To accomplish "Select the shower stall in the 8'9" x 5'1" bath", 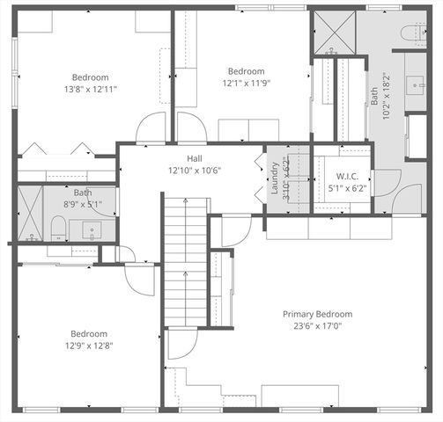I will coord(30,214).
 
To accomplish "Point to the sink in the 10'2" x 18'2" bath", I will coord(414,84).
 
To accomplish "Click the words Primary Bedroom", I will coord(317,314).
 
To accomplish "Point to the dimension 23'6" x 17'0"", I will coord(317,327).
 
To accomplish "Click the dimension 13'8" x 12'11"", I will coord(91,89).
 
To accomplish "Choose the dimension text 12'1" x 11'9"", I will coord(246,84).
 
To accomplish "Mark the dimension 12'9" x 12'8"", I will coord(89,346).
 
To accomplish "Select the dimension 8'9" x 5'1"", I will coord(83,203).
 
